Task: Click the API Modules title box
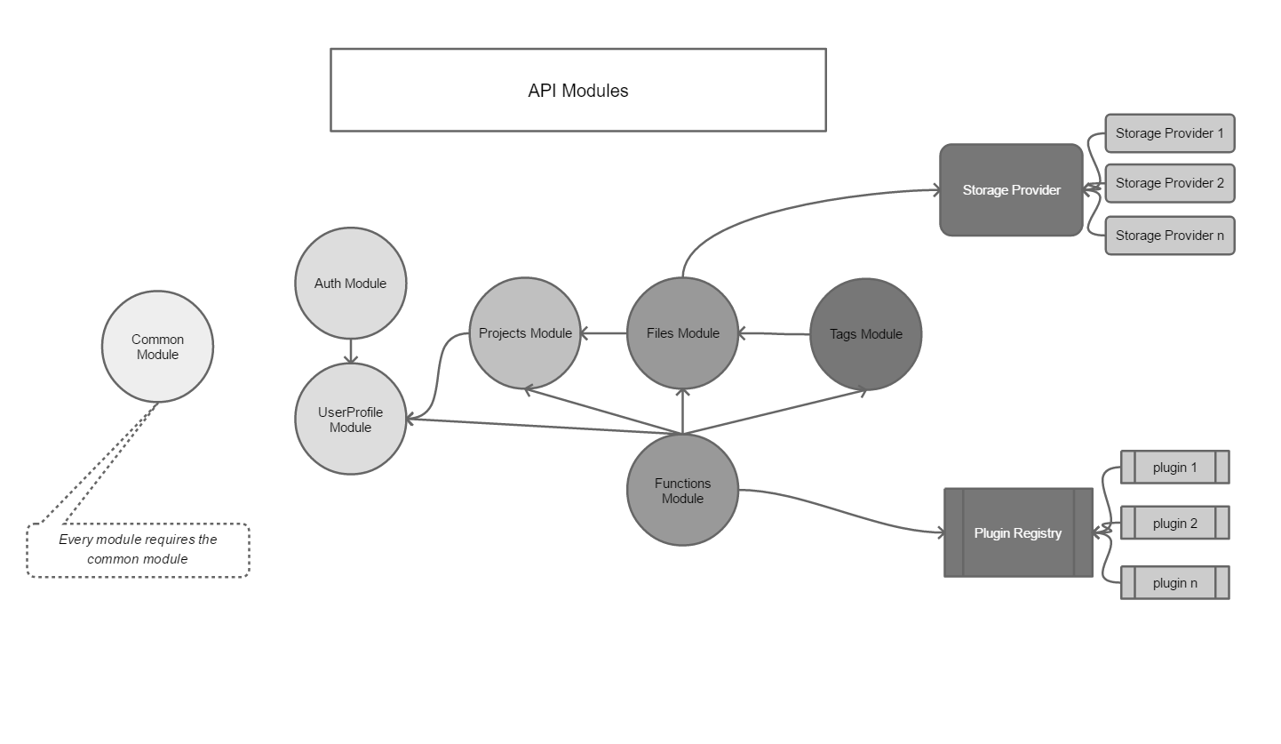(x=577, y=90)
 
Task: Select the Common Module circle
(x=158, y=347)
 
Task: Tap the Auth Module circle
(x=350, y=284)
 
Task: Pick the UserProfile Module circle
(x=350, y=420)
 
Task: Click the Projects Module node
(x=525, y=333)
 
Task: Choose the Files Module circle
(x=682, y=333)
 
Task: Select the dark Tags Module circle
(x=865, y=334)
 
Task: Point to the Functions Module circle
(x=682, y=491)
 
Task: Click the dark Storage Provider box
(x=1011, y=190)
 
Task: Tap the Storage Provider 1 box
(x=1169, y=133)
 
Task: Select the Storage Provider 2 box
(x=1169, y=183)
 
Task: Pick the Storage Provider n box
(x=1169, y=236)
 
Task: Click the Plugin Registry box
(x=1018, y=533)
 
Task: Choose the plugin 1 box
(x=1174, y=468)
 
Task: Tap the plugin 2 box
(x=1174, y=524)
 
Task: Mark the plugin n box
(x=1174, y=583)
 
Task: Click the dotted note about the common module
(x=138, y=550)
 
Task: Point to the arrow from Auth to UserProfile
(x=351, y=351)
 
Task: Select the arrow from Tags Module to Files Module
(x=775, y=334)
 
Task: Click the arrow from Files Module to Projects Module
(x=604, y=333)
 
